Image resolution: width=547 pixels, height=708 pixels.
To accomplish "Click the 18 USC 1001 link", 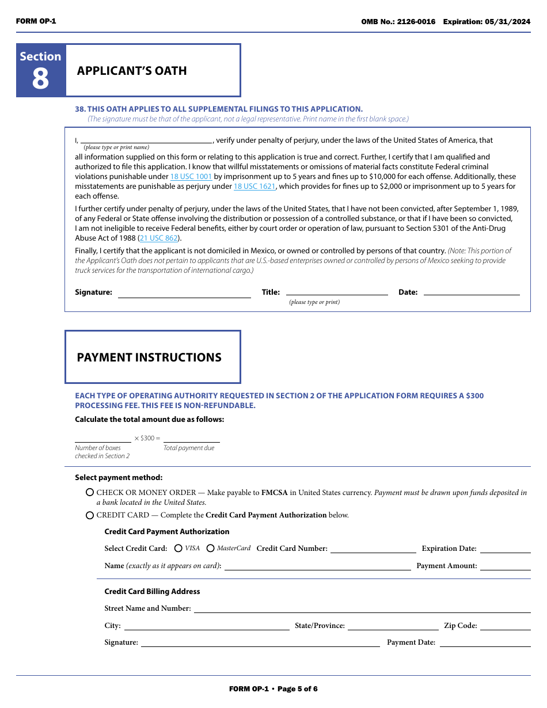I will [x=191, y=177].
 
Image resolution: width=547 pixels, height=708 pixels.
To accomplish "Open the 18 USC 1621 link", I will [x=254, y=186].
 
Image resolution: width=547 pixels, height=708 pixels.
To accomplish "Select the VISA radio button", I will [x=178, y=549].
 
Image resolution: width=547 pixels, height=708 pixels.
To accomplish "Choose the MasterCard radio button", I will [x=211, y=549].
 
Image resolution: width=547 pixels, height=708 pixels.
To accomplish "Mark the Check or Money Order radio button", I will [x=90, y=493].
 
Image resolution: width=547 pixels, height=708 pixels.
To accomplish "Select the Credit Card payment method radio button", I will [x=90, y=515].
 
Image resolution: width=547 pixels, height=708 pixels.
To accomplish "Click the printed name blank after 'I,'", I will [x=146, y=139].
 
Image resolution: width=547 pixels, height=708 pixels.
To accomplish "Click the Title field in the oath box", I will [x=337, y=292].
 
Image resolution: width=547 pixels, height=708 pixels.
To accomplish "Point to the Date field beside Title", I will [x=471, y=292].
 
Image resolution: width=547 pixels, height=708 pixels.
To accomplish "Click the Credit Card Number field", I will [x=373, y=549].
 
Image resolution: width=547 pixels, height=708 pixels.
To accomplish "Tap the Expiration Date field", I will [x=505, y=549].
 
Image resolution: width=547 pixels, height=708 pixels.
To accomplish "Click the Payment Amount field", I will [x=505, y=566].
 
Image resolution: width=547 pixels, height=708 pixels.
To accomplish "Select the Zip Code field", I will [x=505, y=626].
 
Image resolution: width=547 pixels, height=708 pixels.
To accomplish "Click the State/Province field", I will [x=393, y=626].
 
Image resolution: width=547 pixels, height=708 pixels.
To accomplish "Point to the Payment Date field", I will [x=485, y=643].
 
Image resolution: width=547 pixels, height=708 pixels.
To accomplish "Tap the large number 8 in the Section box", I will [x=40, y=78].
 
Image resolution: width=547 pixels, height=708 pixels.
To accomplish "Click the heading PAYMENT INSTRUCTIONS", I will [x=149, y=357].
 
